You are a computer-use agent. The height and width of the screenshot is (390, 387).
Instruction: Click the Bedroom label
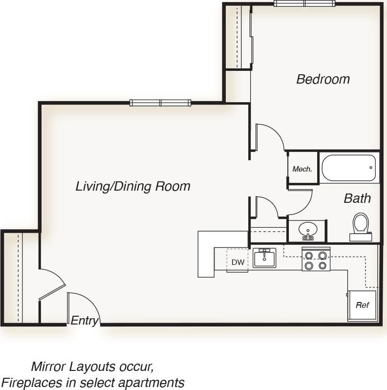(x=323, y=79)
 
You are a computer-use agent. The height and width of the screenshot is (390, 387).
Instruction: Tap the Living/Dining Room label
(x=132, y=186)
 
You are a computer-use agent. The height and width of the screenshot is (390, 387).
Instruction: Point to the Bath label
(x=357, y=198)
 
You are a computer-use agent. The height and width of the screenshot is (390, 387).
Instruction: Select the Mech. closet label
(x=302, y=169)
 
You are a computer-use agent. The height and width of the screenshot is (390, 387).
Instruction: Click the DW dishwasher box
(x=238, y=262)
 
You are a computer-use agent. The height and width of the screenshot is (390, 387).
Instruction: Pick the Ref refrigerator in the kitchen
(x=362, y=305)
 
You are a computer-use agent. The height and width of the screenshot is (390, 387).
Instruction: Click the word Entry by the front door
(x=85, y=321)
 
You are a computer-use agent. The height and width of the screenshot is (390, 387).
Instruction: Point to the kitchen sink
(x=264, y=258)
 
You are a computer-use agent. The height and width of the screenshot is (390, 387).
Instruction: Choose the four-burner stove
(x=316, y=260)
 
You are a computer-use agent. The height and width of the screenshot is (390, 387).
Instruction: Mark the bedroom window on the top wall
(x=304, y=3)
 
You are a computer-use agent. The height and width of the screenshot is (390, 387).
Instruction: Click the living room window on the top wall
(x=160, y=103)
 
